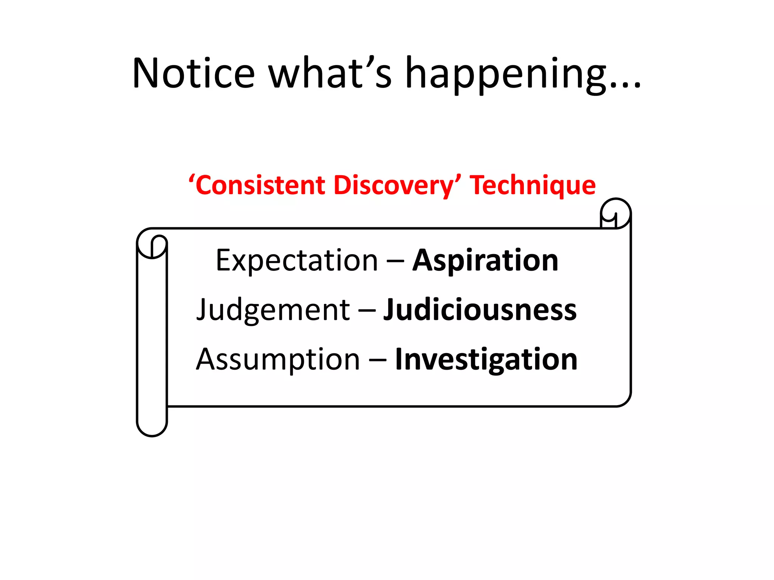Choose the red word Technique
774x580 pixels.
coord(533,185)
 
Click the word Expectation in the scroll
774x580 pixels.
coord(297,261)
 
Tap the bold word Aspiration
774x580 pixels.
coord(485,261)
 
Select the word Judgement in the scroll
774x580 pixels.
coord(273,310)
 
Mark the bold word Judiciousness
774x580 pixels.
coord(480,310)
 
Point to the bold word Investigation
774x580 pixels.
coord(486,359)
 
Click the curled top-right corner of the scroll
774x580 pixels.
coord(616,213)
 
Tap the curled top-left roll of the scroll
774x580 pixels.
coord(152,244)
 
